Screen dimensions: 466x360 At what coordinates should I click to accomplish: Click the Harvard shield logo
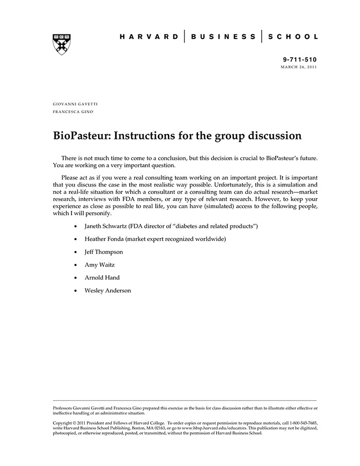click(x=62, y=44)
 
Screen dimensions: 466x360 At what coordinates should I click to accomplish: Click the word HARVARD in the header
click(x=150, y=37)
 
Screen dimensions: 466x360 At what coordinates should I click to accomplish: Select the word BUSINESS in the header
click(x=223, y=37)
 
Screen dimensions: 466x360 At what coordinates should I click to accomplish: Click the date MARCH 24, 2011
click(x=299, y=67)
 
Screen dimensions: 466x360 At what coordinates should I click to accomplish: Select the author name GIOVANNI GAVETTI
click(x=75, y=104)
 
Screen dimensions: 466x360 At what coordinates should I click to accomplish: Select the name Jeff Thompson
click(x=104, y=252)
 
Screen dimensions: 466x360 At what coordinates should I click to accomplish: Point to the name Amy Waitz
click(x=99, y=265)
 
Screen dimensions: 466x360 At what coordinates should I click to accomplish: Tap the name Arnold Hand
click(x=102, y=278)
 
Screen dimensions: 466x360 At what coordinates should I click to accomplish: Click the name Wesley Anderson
click(x=107, y=291)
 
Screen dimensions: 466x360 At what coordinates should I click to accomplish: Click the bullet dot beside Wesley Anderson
click(x=76, y=291)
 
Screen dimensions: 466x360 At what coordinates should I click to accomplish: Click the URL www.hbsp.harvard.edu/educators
click(x=213, y=428)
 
